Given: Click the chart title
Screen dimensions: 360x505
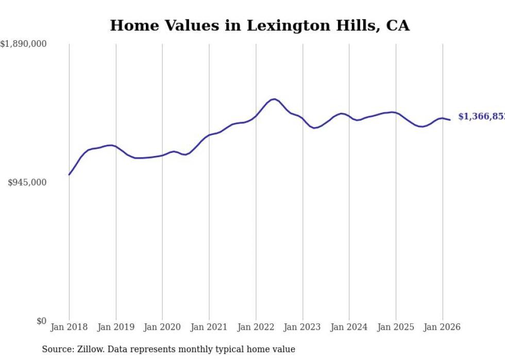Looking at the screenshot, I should [260, 25].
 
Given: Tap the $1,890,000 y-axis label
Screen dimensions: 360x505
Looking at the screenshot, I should [23, 44].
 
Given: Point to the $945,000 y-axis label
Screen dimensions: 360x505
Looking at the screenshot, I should [27, 182].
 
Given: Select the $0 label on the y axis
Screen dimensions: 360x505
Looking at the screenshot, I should [41, 321].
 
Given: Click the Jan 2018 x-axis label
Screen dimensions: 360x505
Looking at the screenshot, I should [69, 327].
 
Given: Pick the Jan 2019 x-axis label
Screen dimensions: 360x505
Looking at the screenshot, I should [116, 327].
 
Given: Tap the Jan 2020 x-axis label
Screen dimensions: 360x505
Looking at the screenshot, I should [162, 327].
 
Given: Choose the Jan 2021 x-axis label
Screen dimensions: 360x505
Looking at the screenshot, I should [209, 327].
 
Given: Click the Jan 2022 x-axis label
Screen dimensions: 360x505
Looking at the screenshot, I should [256, 327].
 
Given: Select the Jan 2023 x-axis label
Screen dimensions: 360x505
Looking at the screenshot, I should [302, 327].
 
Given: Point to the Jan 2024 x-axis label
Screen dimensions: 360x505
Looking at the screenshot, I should [349, 327].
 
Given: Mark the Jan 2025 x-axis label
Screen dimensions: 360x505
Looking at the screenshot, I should [396, 327].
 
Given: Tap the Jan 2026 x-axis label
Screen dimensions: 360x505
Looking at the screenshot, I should [442, 327].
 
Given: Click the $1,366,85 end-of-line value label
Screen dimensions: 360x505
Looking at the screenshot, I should [481, 117].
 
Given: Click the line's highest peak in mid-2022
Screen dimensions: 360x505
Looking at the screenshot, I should [274, 99].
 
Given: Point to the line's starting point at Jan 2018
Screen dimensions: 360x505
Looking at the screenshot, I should [69, 175].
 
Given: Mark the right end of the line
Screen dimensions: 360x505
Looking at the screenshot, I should [450, 120].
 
